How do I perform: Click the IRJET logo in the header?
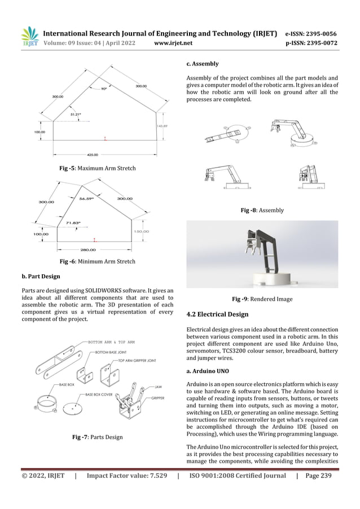[28, 37]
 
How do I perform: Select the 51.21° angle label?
[76, 115]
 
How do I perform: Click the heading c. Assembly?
[202, 64]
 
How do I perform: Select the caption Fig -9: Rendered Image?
[262, 299]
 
